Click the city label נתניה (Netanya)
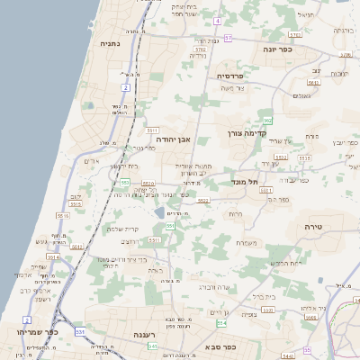click(110, 42)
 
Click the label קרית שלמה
click(130, 229)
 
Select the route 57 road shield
click(229, 38)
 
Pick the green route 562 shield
click(267, 120)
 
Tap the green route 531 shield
click(80, 331)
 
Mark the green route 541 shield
click(153, 346)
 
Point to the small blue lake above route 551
click(159, 213)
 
